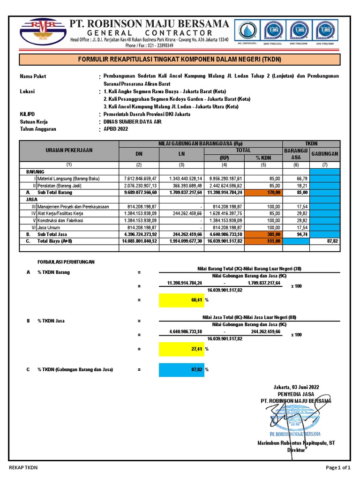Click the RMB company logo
[43, 33]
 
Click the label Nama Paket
[33, 76]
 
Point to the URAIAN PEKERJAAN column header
[69, 150]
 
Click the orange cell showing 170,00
[263, 192]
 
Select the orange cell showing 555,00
[263, 241]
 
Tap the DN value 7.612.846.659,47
[139, 179]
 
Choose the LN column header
[181, 153]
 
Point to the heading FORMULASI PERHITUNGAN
[66, 262]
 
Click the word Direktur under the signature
[296, 450]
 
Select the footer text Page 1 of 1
[338, 467]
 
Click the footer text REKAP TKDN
[23, 467]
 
